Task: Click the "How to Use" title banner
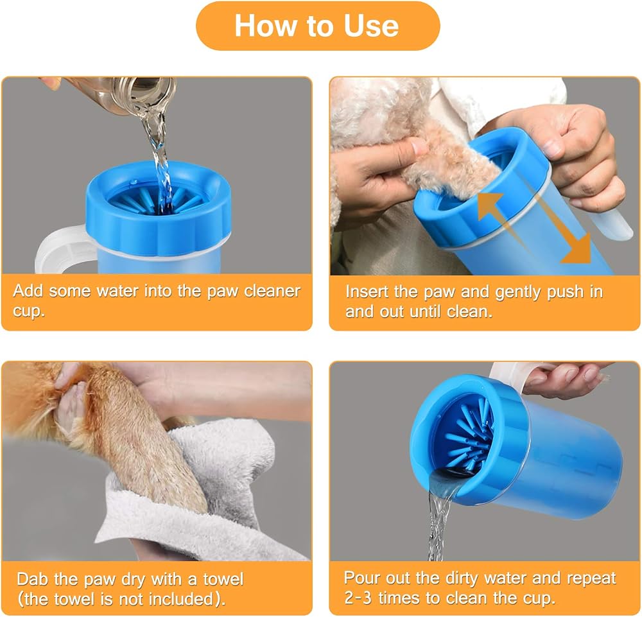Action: click(x=318, y=26)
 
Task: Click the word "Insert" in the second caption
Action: click(x=367, y=292)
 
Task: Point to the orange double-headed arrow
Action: click(x=534, y=228)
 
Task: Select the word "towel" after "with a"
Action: click(x=223, y=579)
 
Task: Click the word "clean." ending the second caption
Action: click(x=470, y=312)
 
